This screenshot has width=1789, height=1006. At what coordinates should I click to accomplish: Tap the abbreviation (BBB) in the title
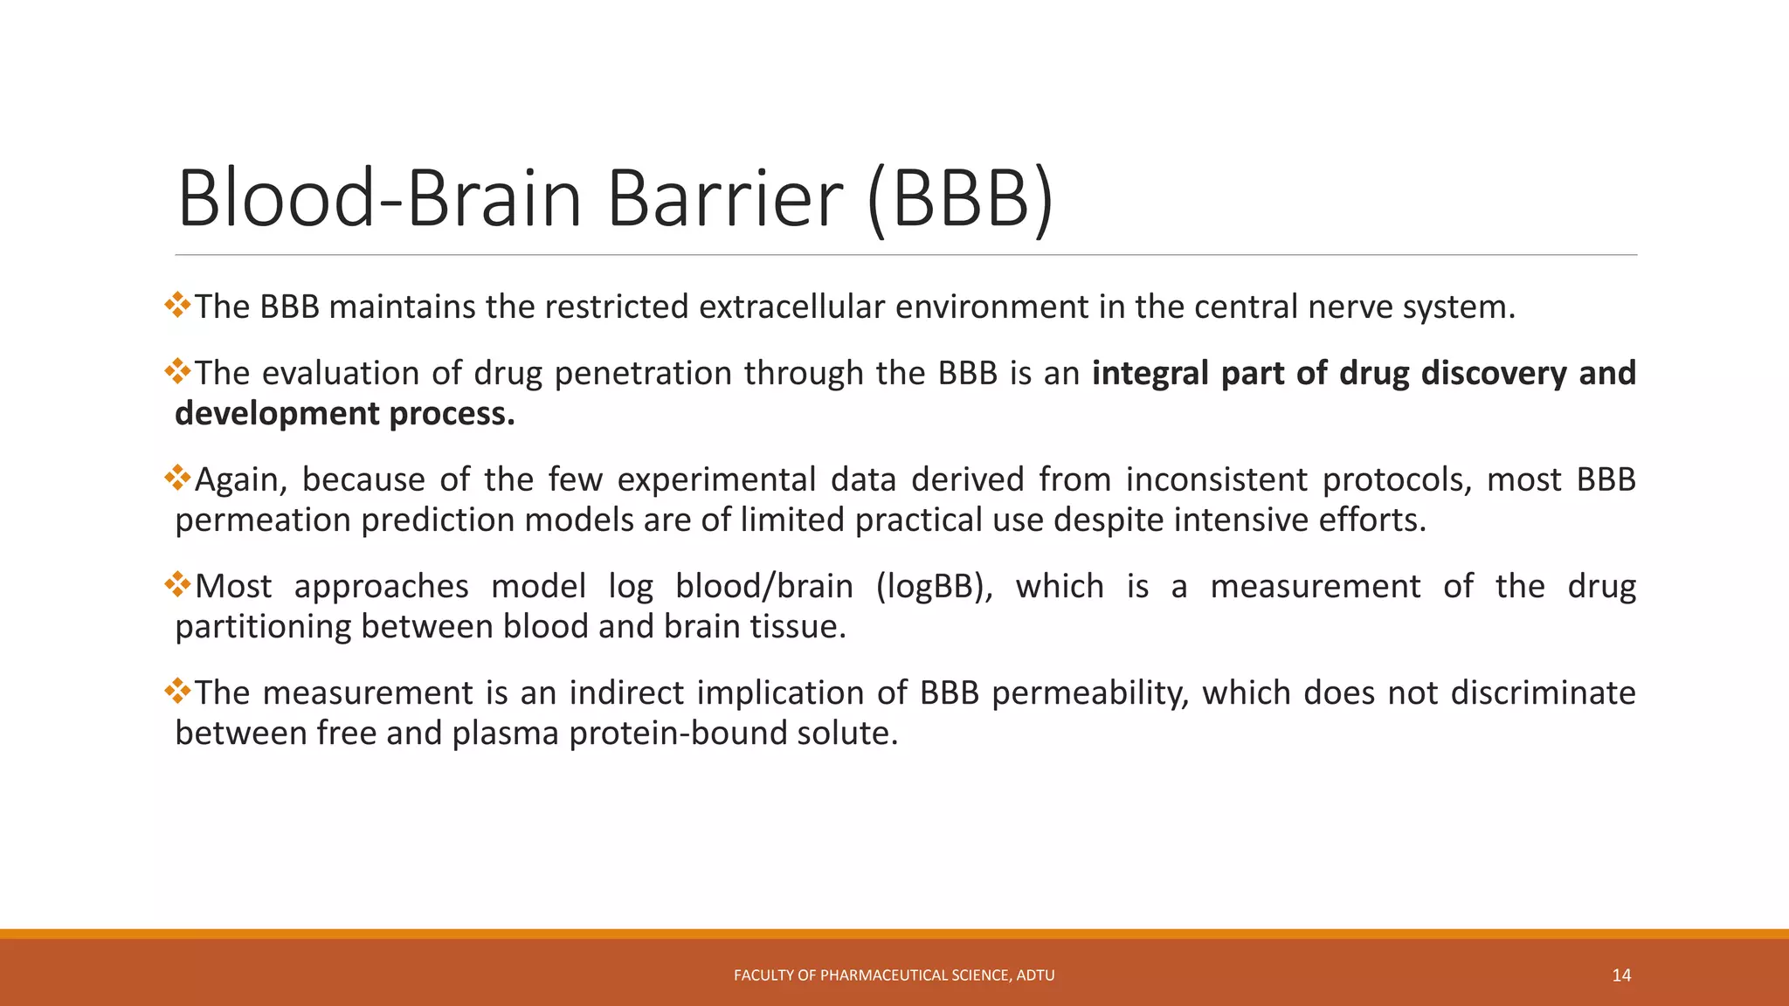tap(961, 199)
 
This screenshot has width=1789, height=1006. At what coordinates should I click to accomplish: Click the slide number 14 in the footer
tap(1621, 975)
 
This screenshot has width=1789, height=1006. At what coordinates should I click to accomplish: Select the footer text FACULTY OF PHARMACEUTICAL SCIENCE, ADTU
tap(894, 975)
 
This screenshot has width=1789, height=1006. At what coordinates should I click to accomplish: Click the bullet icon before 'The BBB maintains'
tap(177, 305)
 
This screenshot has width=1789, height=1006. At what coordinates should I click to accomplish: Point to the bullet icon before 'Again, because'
tap(177, 478)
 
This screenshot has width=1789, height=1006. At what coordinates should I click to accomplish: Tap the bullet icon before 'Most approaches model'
tap(177, 584)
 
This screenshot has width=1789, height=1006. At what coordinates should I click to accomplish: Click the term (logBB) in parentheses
tap(934, 587)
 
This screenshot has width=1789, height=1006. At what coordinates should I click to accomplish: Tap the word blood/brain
tap(764, 587)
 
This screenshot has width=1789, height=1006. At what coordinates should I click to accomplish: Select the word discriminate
tap(1543, 693)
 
